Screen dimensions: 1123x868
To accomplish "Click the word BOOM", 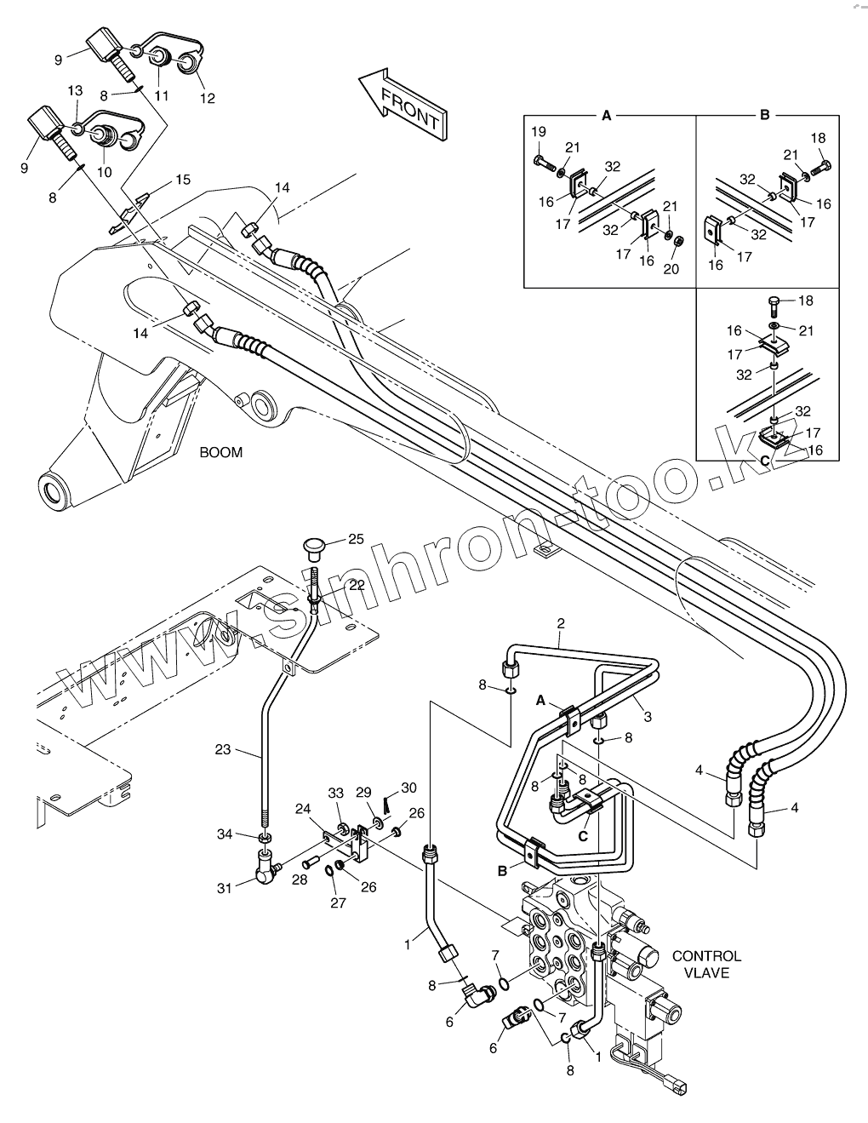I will coord(220,452).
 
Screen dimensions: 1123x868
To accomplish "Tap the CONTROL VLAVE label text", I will coord(706,964).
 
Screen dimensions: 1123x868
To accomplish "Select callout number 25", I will coord(355,539).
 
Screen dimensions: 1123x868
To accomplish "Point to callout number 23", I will coord(222,750).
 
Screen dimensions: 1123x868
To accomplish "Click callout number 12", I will coord(208,99).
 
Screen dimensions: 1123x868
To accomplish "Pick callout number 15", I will coord(183,180).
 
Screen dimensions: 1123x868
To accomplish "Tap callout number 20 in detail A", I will coord(672,269).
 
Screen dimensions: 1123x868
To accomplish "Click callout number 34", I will coord(224,834).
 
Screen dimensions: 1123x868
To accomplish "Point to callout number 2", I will coord(561,623).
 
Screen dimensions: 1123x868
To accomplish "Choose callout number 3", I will coord(648,717).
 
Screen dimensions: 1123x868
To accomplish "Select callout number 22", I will coord(356,584).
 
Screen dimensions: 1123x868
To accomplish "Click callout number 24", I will coord(302,809).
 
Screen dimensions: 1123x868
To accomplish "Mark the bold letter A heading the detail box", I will coord(607,114).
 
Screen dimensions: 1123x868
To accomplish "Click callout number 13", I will coord(75,90).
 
